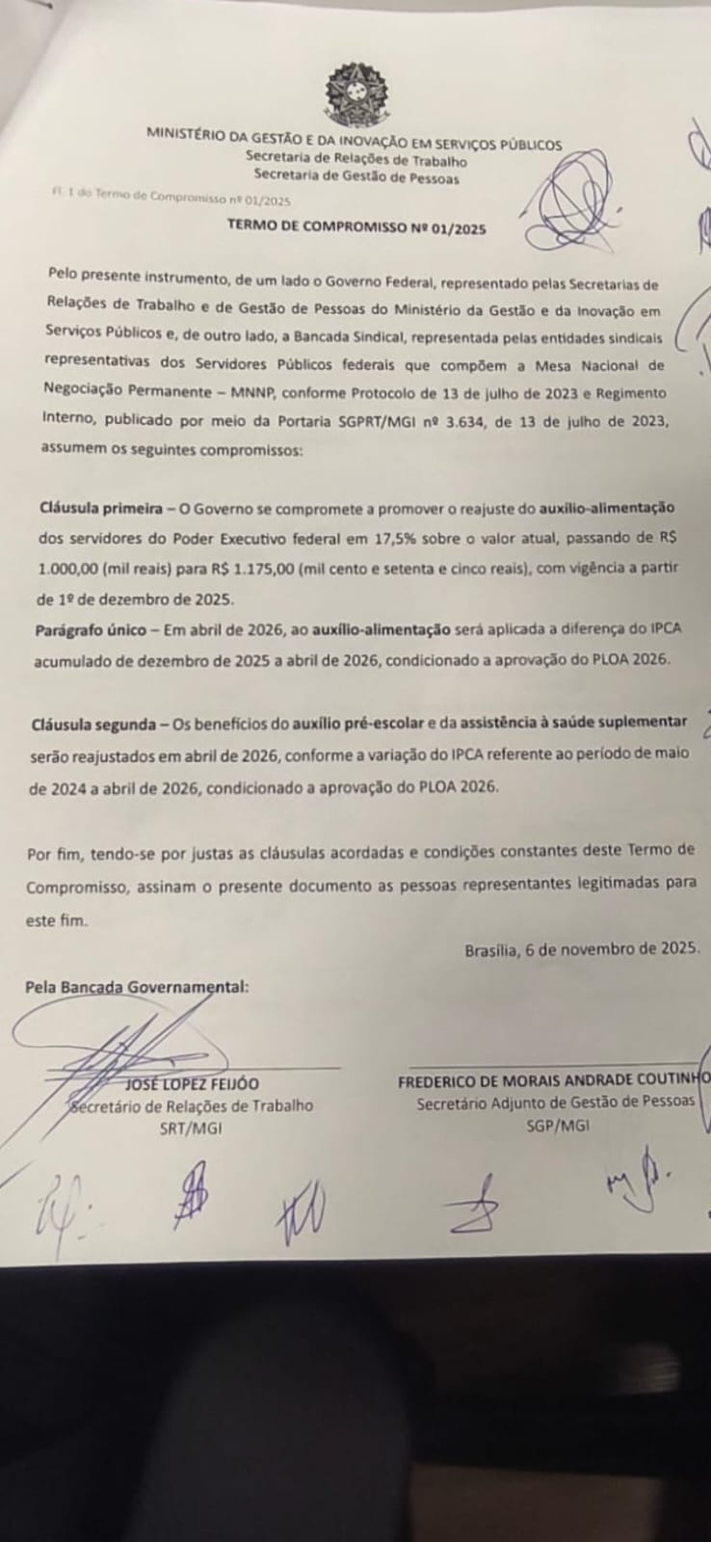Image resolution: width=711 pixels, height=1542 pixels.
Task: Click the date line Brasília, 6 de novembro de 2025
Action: coord(581,948)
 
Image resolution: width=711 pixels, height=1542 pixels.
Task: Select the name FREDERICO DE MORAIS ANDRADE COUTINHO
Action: coord(554,1082)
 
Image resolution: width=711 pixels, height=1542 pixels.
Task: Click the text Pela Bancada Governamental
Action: coord(138,987)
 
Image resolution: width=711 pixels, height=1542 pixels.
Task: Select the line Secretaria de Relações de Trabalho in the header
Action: coord(355,161)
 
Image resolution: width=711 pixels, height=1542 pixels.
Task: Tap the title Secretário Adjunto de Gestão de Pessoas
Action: coord(555,1104)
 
